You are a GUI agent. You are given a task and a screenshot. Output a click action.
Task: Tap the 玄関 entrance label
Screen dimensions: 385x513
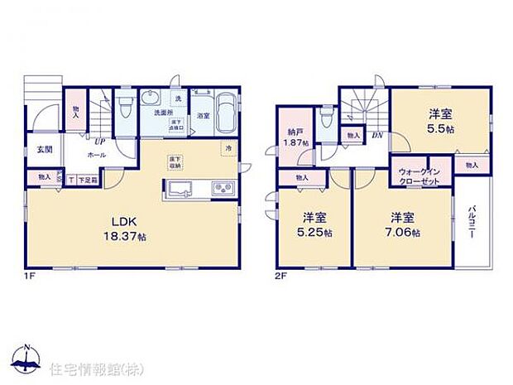[44, 150]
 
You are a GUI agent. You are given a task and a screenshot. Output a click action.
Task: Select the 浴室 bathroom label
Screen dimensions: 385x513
[203, 115]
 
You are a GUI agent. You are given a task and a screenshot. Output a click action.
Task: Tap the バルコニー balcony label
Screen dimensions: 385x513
[471, 222]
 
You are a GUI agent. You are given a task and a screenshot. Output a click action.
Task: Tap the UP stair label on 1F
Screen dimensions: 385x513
[98, 142]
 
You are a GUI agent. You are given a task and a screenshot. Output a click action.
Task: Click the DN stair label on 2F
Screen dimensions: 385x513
[376, 135]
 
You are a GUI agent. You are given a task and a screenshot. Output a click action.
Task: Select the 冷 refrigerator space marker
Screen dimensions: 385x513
[228, 147]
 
